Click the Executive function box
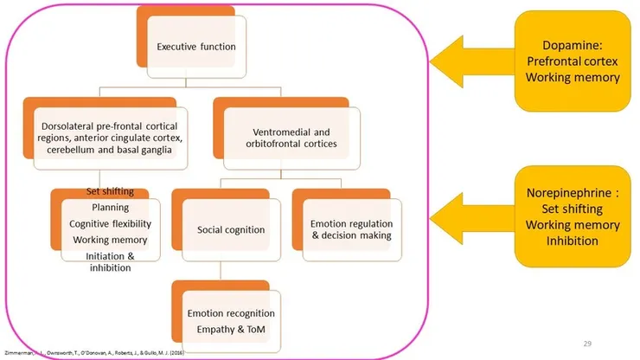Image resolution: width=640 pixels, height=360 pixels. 196,46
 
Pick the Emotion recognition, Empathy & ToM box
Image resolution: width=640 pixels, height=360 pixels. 231,320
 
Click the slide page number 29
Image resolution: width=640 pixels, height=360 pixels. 588,344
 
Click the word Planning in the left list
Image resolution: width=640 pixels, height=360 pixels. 111,208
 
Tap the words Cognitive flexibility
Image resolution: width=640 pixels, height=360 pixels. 111,223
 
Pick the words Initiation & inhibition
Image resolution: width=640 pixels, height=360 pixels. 109,261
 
